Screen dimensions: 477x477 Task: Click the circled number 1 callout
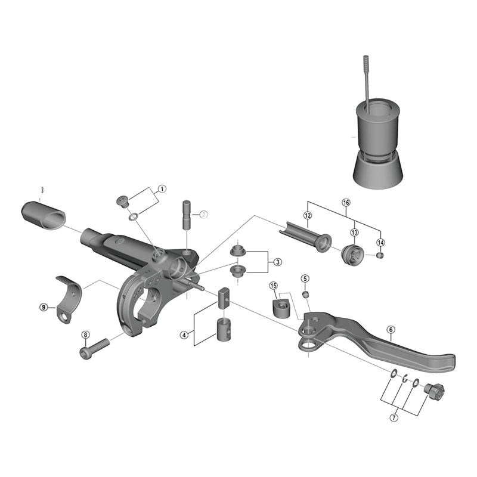pyautogui.click(x=162, y=189)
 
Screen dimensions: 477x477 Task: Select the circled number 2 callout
pyautogui.click(x=203, y=215)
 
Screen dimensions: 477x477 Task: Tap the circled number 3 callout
pyautogui.click(x=277, y=262)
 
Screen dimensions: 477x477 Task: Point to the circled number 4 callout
pyautogui.click(x=184, y=335)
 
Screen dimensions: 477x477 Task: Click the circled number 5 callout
pyautogui.click(x=305, y=278)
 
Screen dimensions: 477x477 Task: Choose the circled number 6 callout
pyautogui.click(x=391, y=329)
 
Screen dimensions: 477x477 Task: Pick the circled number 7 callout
pyautogui.click(x=394, y=417)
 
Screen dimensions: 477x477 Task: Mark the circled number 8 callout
pyautogui.click(x=85, y=334)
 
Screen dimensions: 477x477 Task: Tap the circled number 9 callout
pyautogui.click(x=43, y=307)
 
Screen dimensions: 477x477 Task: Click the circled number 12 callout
pyautogui.click(x=308, y=216)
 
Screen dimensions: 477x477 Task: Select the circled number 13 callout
pyautogui.click(x=354, y=232)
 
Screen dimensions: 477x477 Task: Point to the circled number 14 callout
pyautogui.click(x=381, y=242)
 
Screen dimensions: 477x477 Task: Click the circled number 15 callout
pyautogui.click(x=273, y=286)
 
